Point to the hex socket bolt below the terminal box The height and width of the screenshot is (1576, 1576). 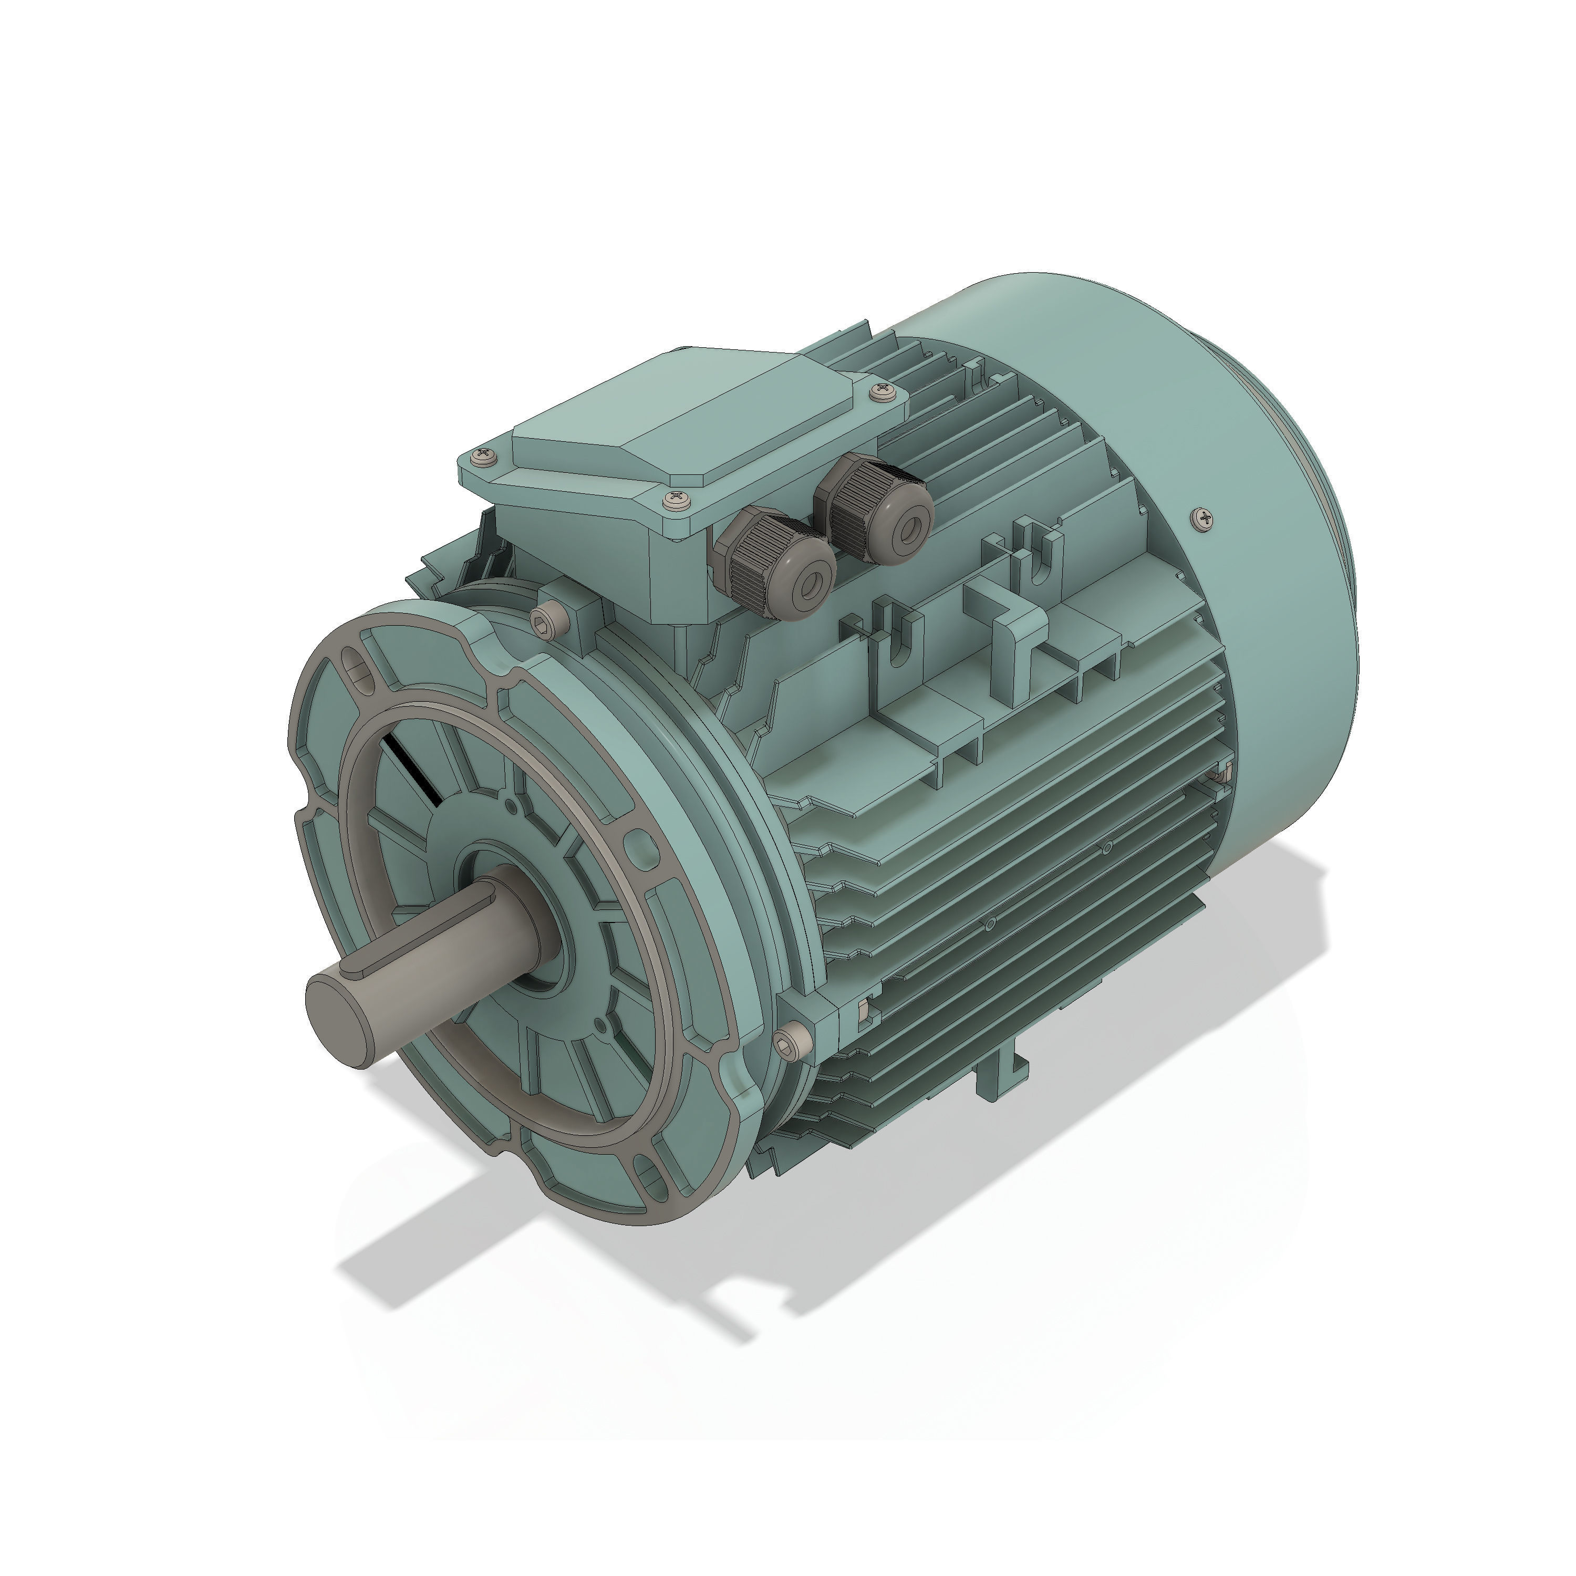548,623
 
